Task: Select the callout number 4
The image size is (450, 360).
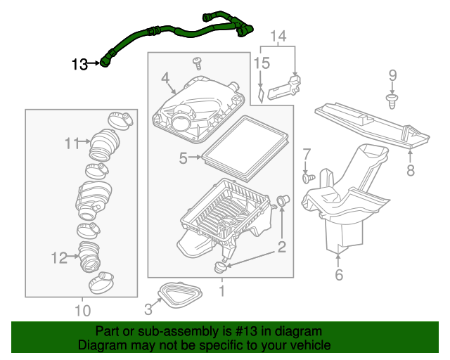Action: tap(164, 77)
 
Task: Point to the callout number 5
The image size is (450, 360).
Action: tap(183, 159)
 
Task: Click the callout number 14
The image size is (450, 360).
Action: tap(279, 35)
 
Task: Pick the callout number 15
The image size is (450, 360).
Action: tap(262, 63)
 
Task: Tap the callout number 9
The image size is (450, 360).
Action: tap(392, 75)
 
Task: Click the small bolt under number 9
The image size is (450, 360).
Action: tap(392, 102)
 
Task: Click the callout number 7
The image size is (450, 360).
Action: tap(307, 154)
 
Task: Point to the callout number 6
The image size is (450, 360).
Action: tap(339, 275)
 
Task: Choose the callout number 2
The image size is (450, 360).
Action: tap(281, 247)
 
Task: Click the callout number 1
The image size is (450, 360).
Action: tap(222, 289)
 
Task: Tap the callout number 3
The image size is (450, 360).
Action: tap(148, 307)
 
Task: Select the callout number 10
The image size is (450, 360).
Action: tap(82, 310)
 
